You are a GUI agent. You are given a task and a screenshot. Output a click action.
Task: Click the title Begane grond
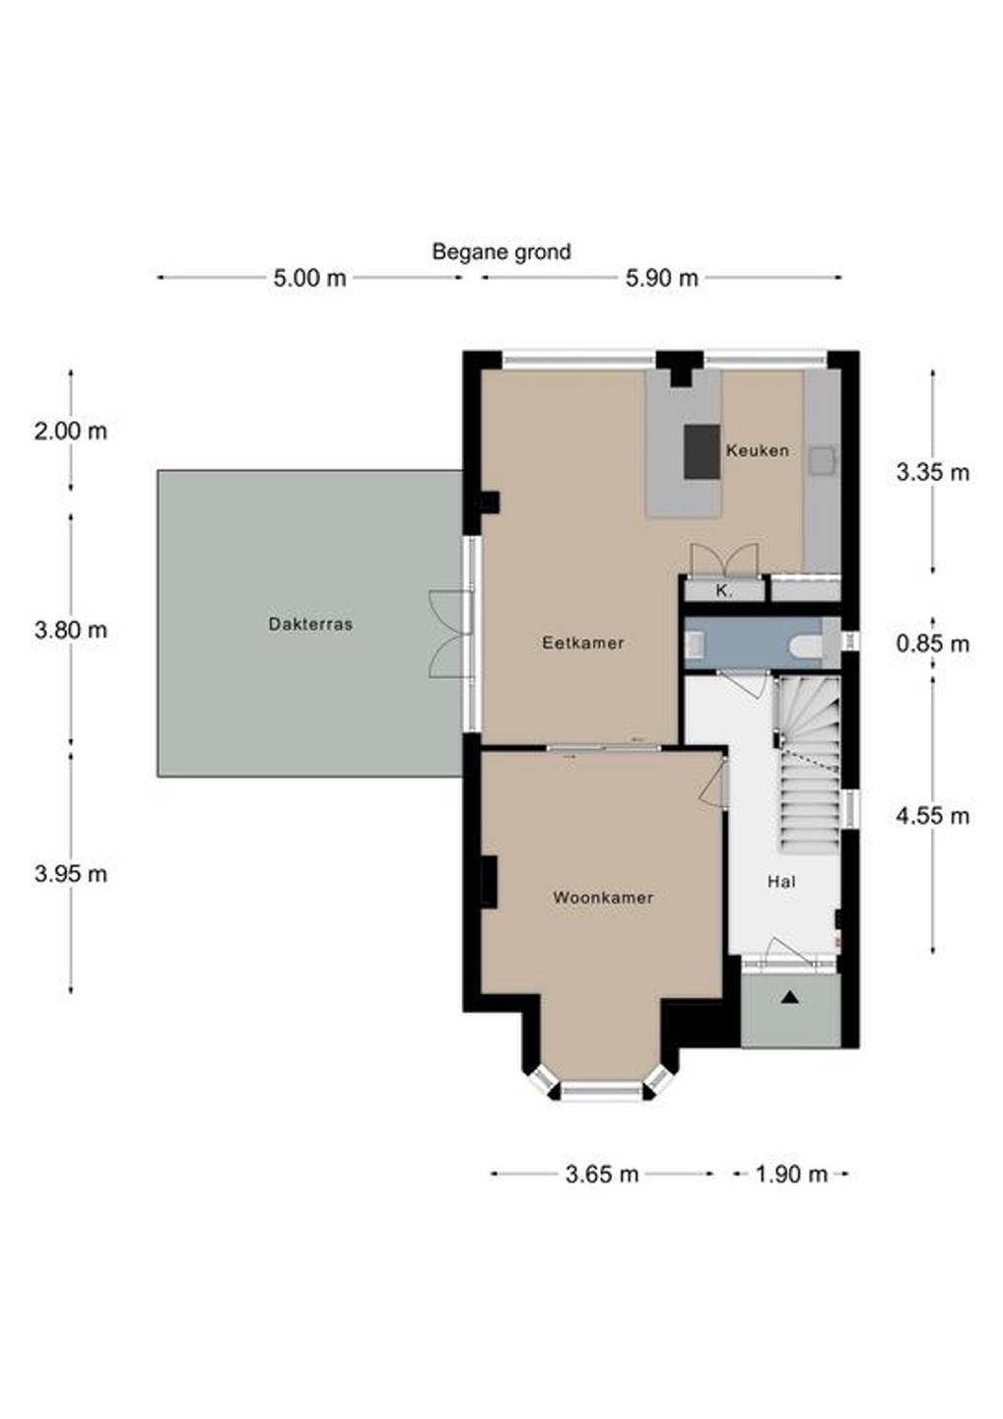tap(501, 252)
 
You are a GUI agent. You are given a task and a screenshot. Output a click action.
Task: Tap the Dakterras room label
tap(310, 624)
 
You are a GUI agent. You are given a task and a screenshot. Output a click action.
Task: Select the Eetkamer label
tap(583, 642)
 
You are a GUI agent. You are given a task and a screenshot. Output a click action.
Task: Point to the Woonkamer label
tap(603, 898)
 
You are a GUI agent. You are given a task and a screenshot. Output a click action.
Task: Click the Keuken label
tap(758, 451)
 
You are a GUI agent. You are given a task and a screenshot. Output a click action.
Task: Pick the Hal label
tap(781, 882)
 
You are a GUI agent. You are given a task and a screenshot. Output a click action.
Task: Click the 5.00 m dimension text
tap(309, 278)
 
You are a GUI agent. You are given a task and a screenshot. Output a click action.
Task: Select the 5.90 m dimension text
tap(662, 278)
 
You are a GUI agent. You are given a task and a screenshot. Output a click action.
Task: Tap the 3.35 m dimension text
tap(933, 473)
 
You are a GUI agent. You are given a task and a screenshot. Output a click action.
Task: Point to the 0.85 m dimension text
tap(933, 644)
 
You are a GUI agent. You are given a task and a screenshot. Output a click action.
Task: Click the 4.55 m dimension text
tap(933, 816)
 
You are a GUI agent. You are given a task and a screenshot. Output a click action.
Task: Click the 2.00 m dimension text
tap(71, 432)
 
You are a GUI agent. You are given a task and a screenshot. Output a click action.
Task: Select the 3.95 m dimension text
tap(71, 874)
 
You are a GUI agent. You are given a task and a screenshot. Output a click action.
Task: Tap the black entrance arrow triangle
tap(789, 997)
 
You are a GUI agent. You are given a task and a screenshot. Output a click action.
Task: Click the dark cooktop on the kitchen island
tap(702, 451)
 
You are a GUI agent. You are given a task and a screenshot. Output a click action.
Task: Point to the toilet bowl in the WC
tap(806, 644)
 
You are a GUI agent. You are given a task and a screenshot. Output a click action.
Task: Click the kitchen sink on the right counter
tap(822, 460)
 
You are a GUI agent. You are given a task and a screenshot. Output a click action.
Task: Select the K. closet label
tap(724, 591)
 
